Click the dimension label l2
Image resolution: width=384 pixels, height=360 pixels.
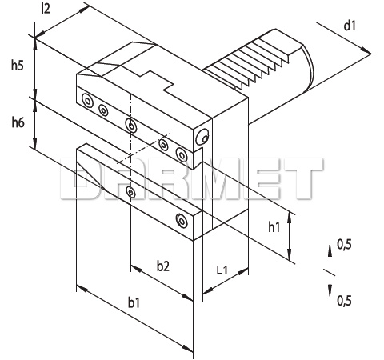click(46, 9)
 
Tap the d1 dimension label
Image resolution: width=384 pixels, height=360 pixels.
click(350, 26)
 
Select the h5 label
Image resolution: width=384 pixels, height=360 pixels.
click(18, 65)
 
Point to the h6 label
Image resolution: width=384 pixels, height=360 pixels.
click(18, 122)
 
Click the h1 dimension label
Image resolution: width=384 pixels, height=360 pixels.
click(274, 227)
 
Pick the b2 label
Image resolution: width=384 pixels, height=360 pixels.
click(163, 266)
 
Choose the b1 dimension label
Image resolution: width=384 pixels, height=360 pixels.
click(134, 302)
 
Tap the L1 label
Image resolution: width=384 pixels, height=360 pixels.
click(222, 270)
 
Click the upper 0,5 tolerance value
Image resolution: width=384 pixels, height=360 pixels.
click(344, 245)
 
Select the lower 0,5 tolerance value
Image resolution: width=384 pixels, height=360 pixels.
click(344, 301)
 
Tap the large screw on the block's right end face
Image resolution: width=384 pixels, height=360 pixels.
click(202, 137)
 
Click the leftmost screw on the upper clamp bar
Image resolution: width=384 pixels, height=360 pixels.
click(87, 101)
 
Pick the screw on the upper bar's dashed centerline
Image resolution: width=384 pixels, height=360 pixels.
click(131, 125)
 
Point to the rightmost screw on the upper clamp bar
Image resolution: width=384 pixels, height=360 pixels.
click(182, 154)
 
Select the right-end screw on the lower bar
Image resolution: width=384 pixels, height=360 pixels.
click(182, 221)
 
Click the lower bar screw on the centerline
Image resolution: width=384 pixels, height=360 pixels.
click(130, 192)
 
